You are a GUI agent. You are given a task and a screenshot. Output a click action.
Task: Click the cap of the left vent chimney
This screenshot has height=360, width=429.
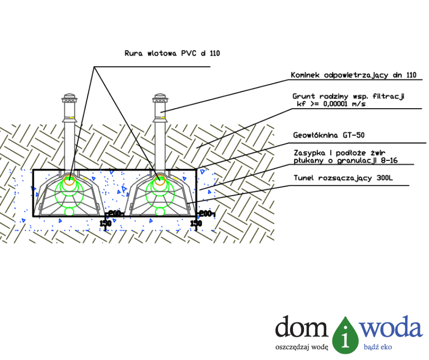point(70,98)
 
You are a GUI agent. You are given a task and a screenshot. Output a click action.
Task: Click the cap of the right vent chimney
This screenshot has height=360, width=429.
point(160,98)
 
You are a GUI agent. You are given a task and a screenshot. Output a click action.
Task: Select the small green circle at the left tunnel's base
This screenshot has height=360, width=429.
point(69,212)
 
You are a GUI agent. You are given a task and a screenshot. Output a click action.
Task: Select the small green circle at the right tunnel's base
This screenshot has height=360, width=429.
point(160,212)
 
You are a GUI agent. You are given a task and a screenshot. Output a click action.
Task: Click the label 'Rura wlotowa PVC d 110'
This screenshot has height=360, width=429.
point(172,53)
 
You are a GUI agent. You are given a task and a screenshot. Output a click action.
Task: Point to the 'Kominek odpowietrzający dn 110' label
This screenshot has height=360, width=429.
point(353,75)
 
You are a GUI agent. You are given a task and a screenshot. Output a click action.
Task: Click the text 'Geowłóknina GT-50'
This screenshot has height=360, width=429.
point(328,135)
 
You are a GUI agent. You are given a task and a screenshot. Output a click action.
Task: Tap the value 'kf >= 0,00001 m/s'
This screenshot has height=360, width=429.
point(331,104)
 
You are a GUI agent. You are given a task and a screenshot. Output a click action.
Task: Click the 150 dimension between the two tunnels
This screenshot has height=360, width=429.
point(105,223)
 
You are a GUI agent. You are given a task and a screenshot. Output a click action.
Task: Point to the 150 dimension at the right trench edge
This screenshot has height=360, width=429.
point(196,223)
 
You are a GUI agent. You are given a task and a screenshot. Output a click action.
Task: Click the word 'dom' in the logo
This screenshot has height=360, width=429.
point(302,328)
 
